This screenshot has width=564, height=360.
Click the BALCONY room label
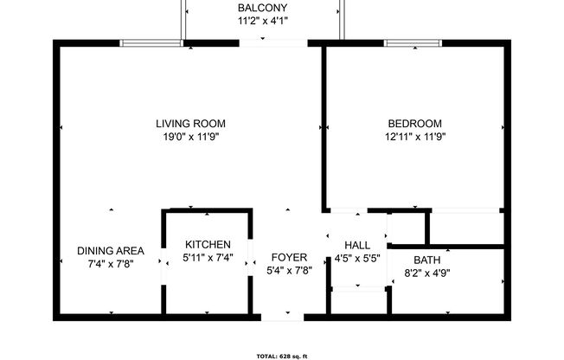263,9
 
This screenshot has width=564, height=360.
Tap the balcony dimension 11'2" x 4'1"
263,22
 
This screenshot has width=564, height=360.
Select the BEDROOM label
415,123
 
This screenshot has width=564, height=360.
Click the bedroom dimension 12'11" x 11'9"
415,136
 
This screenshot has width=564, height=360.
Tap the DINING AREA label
111,251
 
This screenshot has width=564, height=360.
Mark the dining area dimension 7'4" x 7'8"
111,264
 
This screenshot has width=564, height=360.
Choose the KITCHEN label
208,245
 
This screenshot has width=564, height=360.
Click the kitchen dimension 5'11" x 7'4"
208,258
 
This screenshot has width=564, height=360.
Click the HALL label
357,245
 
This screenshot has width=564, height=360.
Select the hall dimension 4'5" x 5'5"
357,258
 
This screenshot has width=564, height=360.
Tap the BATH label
427,260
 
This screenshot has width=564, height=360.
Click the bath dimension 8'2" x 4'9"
427,273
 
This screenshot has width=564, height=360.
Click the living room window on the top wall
151,42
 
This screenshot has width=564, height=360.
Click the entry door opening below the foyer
283,317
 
